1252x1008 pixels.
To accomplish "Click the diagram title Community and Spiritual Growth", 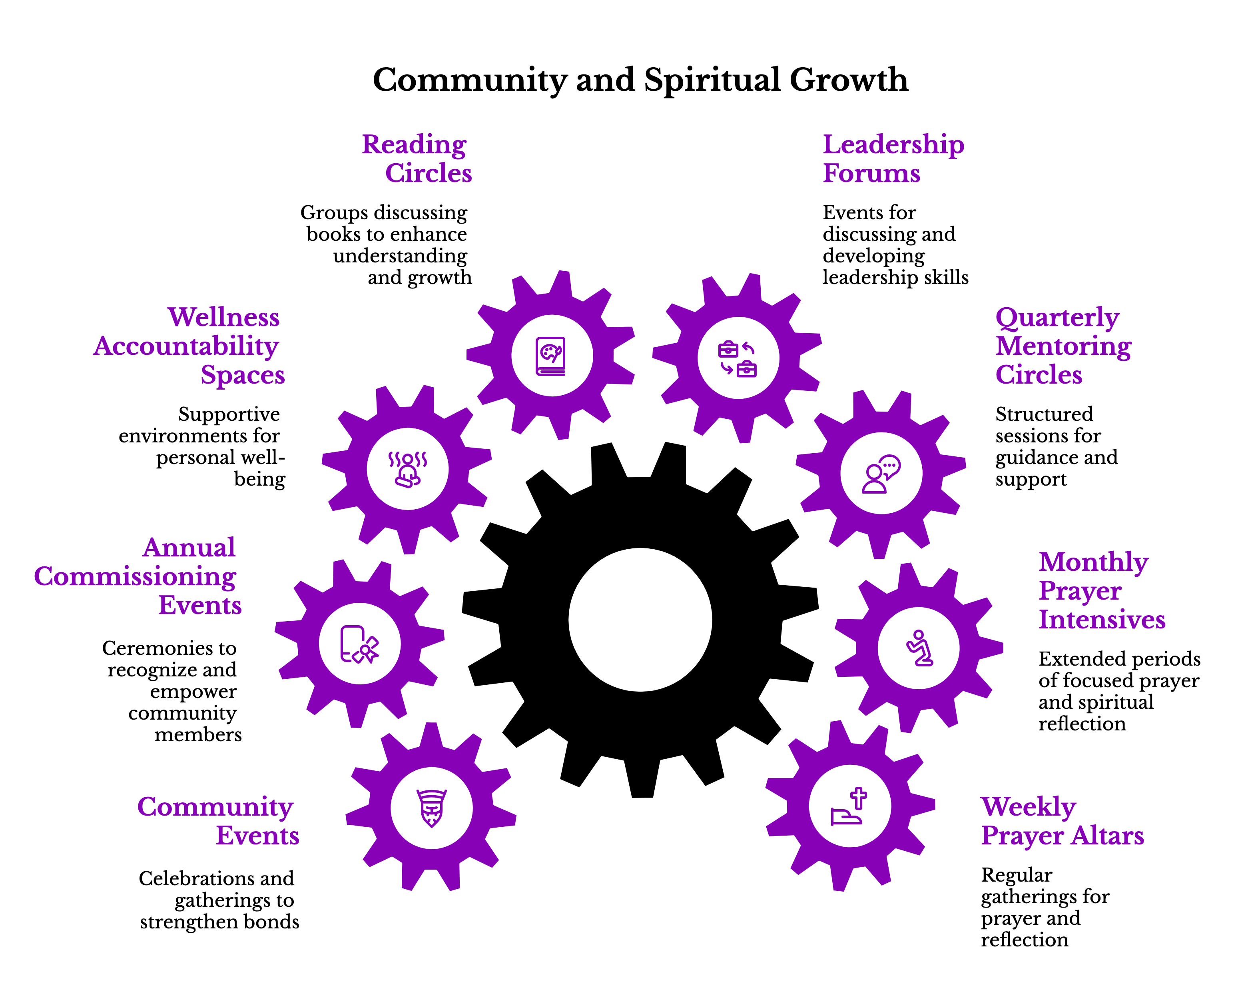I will click(x=640, y=80).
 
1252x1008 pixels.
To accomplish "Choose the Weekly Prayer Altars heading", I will click(x=1062, y=821).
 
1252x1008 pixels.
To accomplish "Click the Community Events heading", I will click(x=218, y=821).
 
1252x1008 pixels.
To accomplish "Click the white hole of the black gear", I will click(x=640, y=619).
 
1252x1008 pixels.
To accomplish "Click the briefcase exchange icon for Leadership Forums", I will click(x=738, y=358).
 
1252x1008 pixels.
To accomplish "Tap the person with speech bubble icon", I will click(x=881, y=474).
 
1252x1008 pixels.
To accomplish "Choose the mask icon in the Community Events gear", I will click(x=431, y=808).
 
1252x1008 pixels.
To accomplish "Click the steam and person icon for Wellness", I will click(x=408, y=469).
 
